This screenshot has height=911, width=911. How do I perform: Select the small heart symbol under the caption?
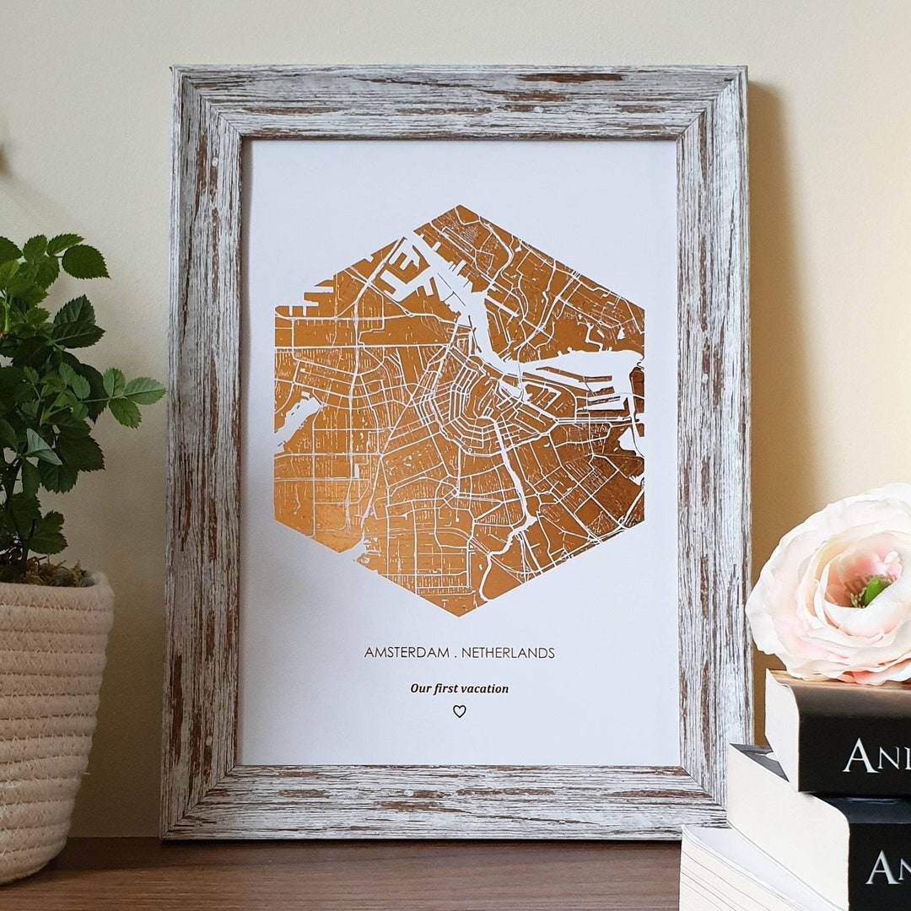pyautogui.click(x=459, y=711)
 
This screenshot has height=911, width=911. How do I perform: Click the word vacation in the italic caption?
pyautogui.click(x=483, y=688)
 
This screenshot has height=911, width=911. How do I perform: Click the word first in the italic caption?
pyautogui.click(x=445, y=688)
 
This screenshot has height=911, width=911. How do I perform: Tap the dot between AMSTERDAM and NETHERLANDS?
pyautogui.click(x=455, y=654)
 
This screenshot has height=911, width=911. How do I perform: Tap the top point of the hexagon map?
pyautogui.click(x=458, y=206)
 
